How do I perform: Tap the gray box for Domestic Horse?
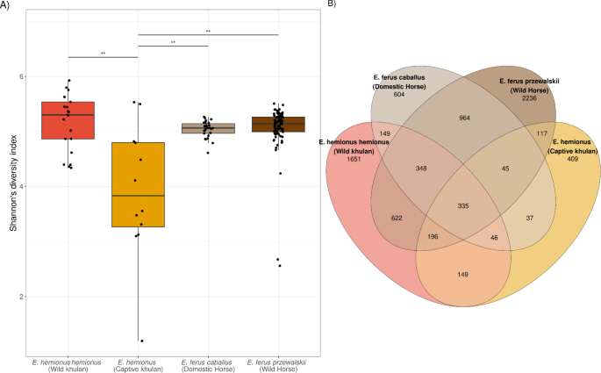[x=208, y=128]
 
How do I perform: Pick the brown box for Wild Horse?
[x=277, y=124]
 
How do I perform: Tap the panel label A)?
[x=6, y=5]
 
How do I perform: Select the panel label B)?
[x=331, y=5]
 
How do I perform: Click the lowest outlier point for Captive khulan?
[x=141, y=341]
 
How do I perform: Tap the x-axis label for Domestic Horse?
[x=208, y=364]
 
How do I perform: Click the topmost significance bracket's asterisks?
[x=208, y=32]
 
